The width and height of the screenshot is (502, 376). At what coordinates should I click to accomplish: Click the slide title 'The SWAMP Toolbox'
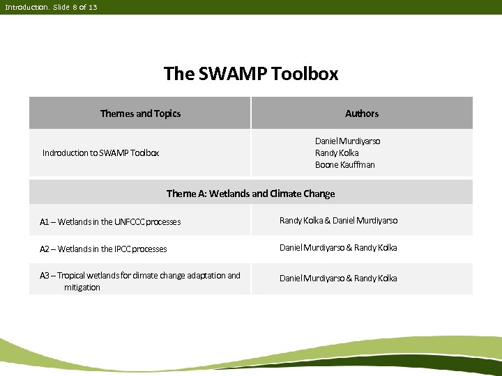(x=251, y=73)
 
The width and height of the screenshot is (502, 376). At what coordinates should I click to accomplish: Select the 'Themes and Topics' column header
(x=140, y=113)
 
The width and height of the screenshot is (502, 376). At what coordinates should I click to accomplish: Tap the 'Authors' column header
(x=362, y=113)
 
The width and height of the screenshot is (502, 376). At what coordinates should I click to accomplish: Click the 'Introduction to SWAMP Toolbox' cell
(x=100, y=152)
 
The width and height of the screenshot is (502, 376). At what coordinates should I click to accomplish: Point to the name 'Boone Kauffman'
(x=345, y=165)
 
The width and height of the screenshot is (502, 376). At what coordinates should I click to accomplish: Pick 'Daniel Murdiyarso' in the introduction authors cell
(x=348, y=141)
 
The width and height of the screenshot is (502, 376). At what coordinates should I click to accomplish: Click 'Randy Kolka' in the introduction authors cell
(x=337, y=153)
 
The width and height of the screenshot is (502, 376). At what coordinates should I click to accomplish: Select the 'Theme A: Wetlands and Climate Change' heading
(x=250, y=194)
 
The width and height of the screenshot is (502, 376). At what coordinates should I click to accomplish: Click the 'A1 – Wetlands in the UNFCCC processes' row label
(x=110, y=222)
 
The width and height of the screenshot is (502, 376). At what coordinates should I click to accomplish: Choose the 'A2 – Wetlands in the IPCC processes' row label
(x=103, y=249)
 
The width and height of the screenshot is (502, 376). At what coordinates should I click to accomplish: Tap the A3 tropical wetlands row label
(x=139, y=281)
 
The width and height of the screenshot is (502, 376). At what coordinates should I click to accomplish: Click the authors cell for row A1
(x=338, y=221)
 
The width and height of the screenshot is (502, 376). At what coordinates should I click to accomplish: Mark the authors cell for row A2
(x=338, y=248)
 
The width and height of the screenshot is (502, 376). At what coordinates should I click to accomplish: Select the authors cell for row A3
(x=338, y=279)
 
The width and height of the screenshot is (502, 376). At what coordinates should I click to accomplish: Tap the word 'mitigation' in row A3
(x=82, y=288)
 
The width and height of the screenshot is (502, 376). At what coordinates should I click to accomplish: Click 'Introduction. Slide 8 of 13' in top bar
(x=51, y=7)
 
